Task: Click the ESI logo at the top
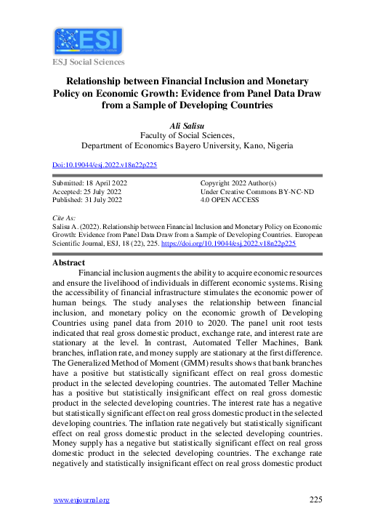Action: (x=89, y=42)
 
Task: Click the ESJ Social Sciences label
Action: (x=88, y=63)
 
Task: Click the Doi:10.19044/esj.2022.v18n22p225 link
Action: (x=105, y=165)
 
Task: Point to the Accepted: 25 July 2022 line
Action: (x=86, y=191)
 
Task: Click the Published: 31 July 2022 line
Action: (x=88, y=199)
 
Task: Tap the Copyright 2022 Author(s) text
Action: (x=238, y=183)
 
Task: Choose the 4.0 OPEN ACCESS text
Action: (x=230, y=199)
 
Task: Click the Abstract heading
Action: (x=70, y=262)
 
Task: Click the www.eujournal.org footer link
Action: (x=82, y=499)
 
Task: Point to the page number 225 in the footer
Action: (x=315, y=499)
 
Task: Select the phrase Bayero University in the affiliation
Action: (x=200, y=145)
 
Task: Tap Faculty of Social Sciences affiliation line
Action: (x=187, y=135)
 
